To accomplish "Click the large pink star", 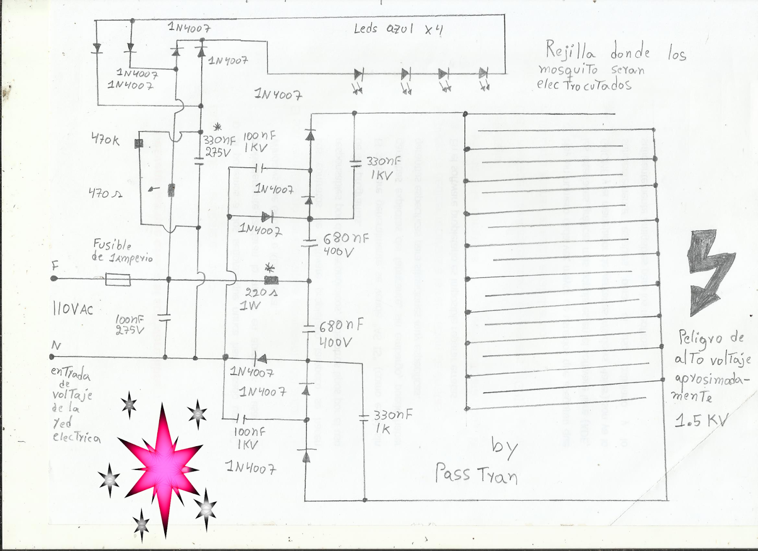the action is click(x=163, y=467).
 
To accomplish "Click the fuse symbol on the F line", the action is click(x=118, y=280).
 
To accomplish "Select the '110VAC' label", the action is click(x=73, y=309).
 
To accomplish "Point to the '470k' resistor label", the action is click(x=105, y=140).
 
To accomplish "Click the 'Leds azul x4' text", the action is click(x=398, y=29).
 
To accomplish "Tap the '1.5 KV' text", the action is click(x=701, y=420).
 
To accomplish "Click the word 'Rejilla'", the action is click(x=570, y=50).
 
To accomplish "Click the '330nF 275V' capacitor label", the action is click(x=219, y=146).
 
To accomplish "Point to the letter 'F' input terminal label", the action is click(x=55, y=266).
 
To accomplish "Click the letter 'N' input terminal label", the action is click(x=56, y=345).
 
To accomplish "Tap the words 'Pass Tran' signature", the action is click(x=476, y=474).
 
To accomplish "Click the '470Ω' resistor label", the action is click(x=105, y=193).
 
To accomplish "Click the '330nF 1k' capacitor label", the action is click(x=392, y=422).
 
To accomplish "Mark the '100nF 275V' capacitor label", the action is click(x=130, y=325).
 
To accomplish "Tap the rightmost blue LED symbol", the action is click(x=483, y=73).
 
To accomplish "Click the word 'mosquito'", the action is click(x=568, y=70).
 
